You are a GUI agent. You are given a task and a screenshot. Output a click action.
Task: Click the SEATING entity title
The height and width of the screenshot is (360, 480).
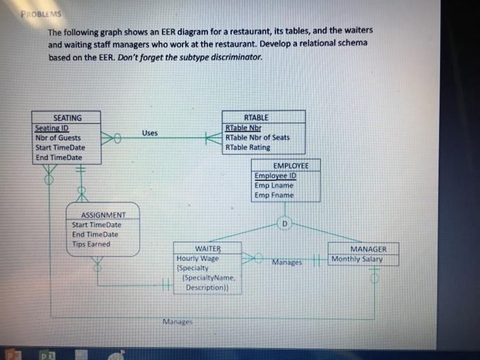pos(67,118)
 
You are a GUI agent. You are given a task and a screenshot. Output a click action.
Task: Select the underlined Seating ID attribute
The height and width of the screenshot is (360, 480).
pos(56,128)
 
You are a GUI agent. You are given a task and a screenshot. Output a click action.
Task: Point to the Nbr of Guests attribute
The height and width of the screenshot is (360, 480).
pos(58,138)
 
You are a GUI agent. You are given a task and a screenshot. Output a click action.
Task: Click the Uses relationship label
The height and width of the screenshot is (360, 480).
pos(151,132)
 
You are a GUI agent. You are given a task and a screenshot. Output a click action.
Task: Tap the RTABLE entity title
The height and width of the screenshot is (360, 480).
pos(256,118)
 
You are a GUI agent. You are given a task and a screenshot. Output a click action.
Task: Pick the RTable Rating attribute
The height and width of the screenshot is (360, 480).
pos(248,147)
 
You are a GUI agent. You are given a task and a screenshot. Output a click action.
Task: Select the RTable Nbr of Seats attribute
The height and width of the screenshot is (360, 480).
pos(257,137)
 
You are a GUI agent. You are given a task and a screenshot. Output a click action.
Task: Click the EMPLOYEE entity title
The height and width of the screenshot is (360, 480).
pos(291,166)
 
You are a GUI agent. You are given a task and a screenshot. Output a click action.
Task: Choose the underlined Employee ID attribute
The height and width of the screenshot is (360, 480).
pos(274,176)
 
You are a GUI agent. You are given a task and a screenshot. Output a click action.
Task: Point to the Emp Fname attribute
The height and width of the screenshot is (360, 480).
pos(274,195)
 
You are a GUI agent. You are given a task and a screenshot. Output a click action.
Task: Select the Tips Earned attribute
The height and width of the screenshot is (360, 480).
pos(91,243)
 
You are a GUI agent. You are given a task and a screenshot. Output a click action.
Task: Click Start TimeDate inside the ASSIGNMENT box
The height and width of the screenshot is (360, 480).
pos(97,224)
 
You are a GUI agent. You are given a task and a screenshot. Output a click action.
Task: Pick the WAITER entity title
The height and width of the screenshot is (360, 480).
pos(208,249)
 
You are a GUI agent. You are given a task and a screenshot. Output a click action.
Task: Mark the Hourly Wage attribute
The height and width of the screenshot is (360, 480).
pos(197,259)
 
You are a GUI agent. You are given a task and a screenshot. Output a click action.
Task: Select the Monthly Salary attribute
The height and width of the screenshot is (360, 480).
pos(357,259)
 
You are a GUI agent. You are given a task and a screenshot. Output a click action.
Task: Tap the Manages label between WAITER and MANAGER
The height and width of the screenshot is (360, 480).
pos(286,262)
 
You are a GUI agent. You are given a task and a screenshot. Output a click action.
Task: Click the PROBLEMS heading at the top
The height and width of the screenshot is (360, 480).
pos(34,15)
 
